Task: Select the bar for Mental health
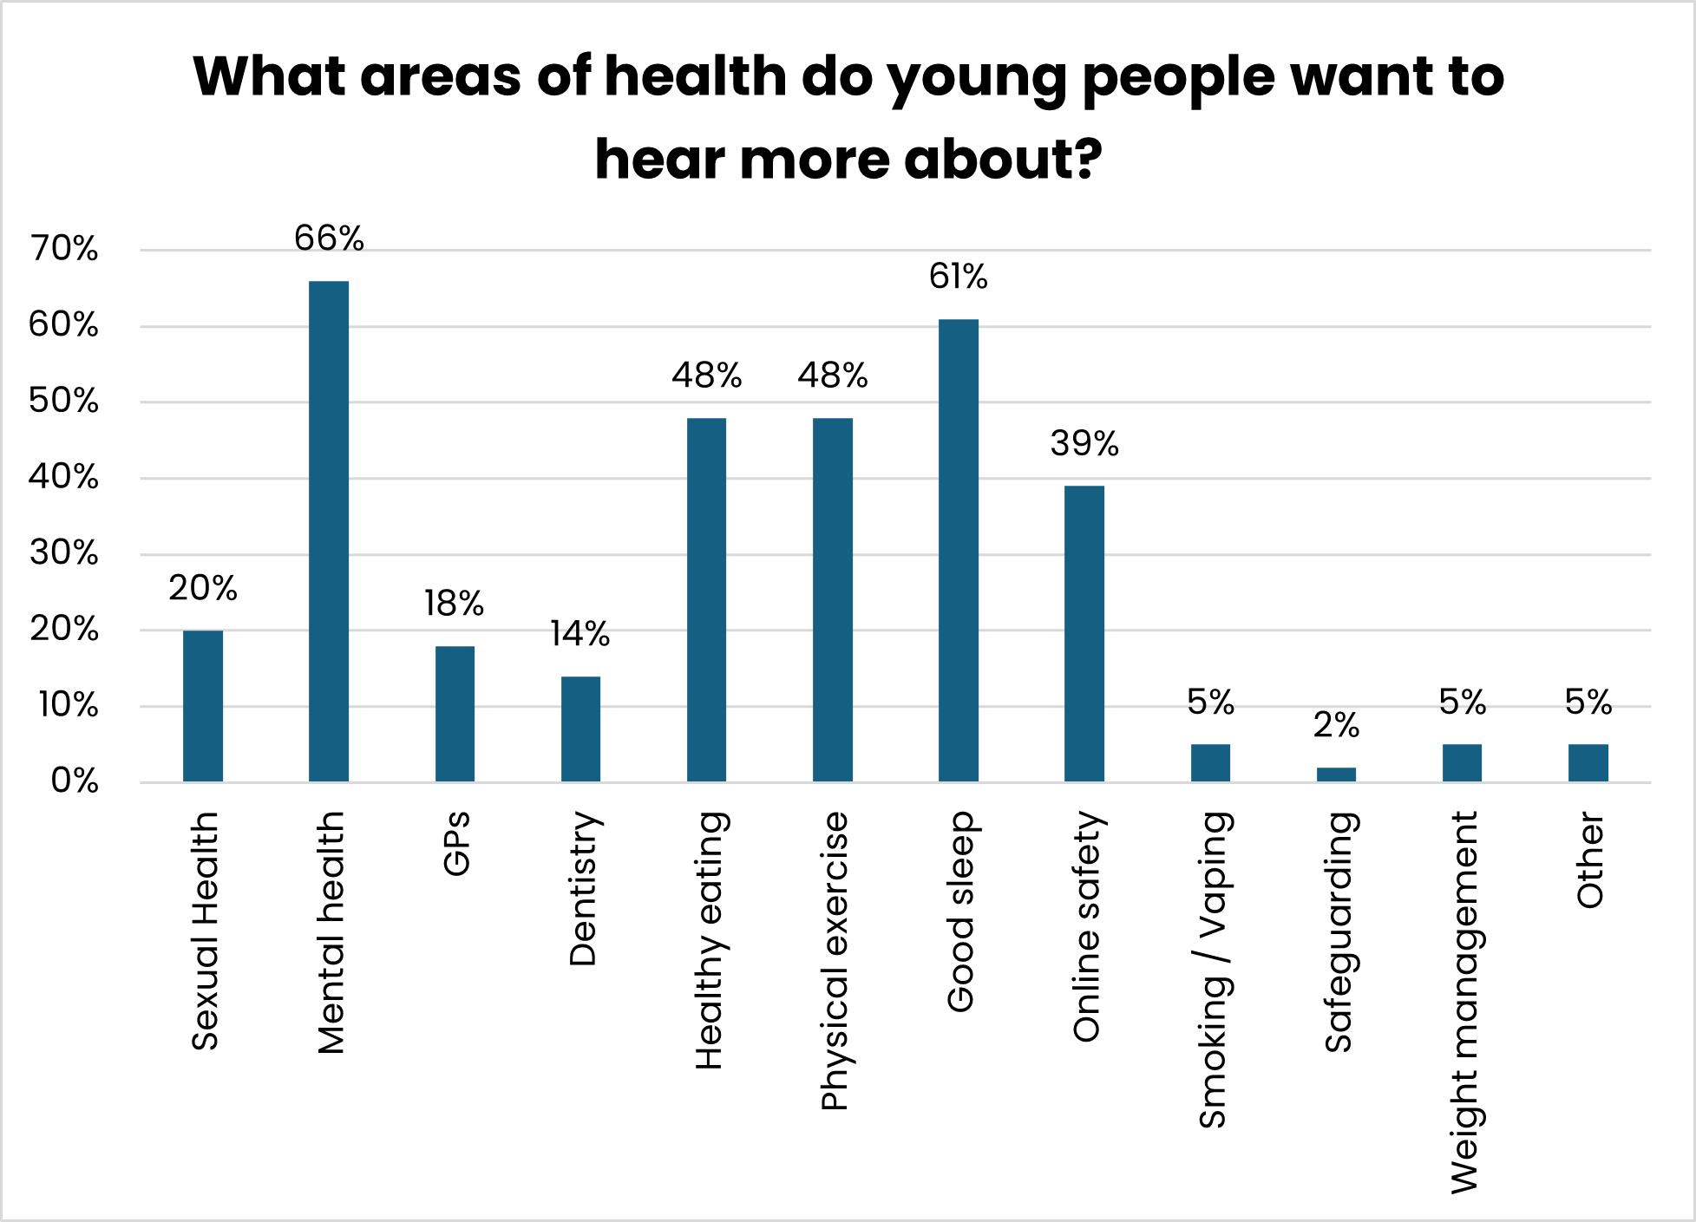pyautogui.click(x=329, y=531)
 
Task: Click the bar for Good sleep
pyautogui.click(x=958, y=550)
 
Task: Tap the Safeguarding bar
pyautogui.click(x=1336, y=774)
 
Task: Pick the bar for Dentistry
pyautogui.click(x=580, y=729)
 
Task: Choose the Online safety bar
pyautogui.click(x=1084, y=633)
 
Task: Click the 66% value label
pyautogui.click(x=329, y=239)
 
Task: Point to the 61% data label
pyautogui.click(x=958, y=277)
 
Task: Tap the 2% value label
pyautogui.click(x=1336, y=725)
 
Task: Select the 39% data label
pyautogui.click(x=1084, y=444)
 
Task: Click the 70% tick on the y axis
pyautogui.click(x=64, y=249)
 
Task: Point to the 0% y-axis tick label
pyautogui.click(x=75, y=781)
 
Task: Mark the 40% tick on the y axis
pyautogui.click(x=64, y=477)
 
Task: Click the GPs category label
pyautogui.click(x=456, y=843)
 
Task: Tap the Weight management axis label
pyautogui.click(x=1464, y=1002)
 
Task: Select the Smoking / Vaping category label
pyautogui.click(x=1212, y=969)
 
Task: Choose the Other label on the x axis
pyautogui.click(x=1589, y=859)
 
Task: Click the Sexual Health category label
pyautogui.click(x=205, y=931)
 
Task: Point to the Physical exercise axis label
pyautogui.click(x=834, y=960)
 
